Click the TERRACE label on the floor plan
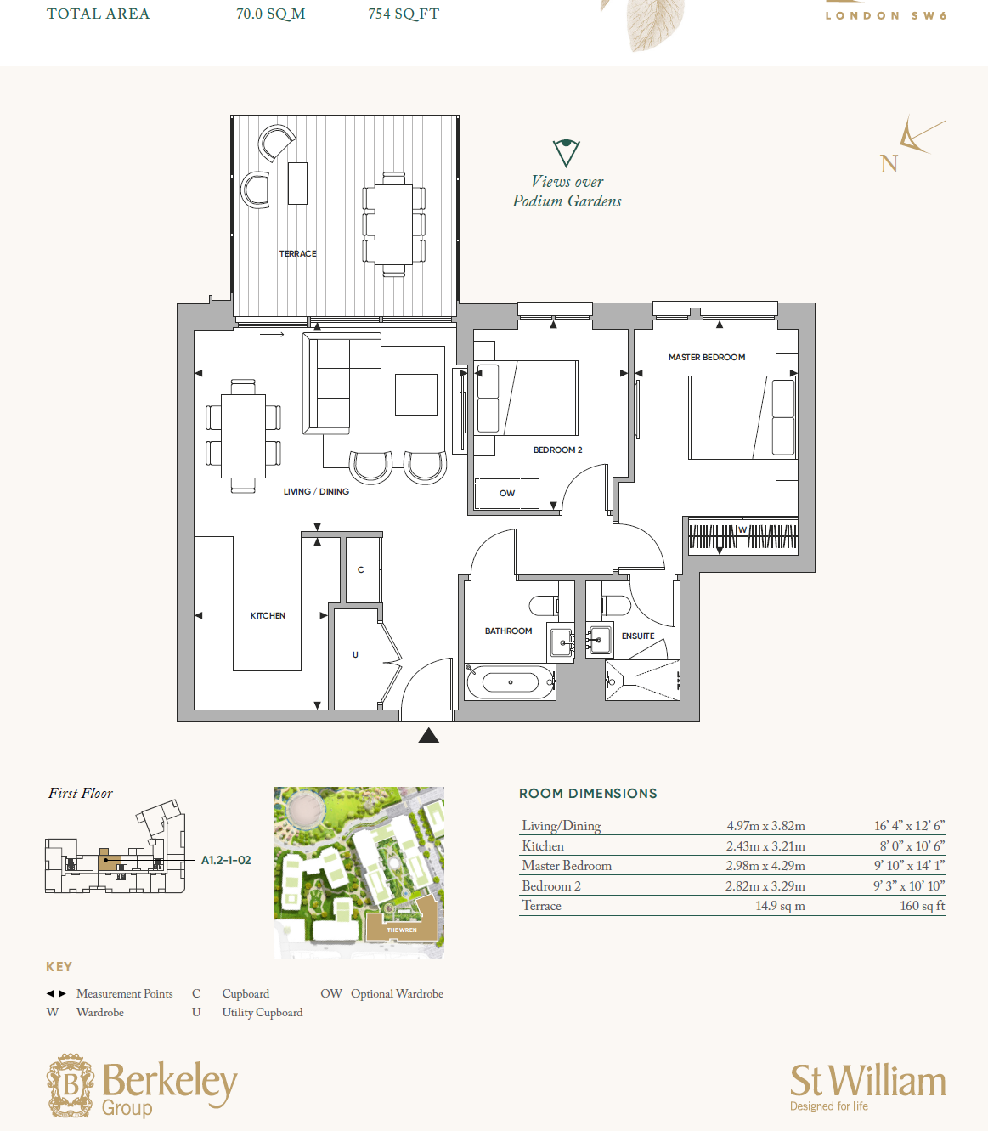click(298, 254)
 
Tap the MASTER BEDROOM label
click(707, 358)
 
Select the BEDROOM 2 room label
click(557, 450)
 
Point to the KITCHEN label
click(268, 616)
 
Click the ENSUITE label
click(638, 636)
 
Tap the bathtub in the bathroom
click(510, 682)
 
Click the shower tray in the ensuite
click(642, 681)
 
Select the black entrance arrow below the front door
click(429, 735)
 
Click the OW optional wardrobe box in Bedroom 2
click(506, 494)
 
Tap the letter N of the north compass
click(889, 164)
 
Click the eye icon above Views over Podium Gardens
click(566, 153)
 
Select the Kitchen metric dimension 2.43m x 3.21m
click(765, 846)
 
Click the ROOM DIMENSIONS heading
click(588, 794)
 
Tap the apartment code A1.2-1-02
click(226, 861)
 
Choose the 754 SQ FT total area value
click(404, 14)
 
